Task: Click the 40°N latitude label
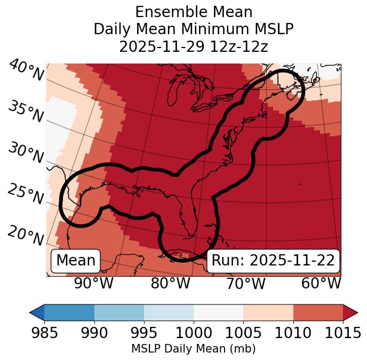tap(26, 71)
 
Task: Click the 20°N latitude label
tap(26, 236)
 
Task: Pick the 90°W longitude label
tap(93, 283)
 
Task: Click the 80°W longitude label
tap(170, 283)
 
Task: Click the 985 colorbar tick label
tap(44, 333)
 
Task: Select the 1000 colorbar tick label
tap(194, 333)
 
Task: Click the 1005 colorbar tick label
tap(243, 333)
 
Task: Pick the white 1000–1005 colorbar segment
tap(218, 312)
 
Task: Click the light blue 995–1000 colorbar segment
tap(169, 312)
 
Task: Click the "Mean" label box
tap(76, 261)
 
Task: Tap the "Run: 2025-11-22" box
tap(273, 261)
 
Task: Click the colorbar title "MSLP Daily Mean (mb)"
tap(193, 349)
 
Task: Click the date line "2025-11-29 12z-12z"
tap(194, 46)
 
